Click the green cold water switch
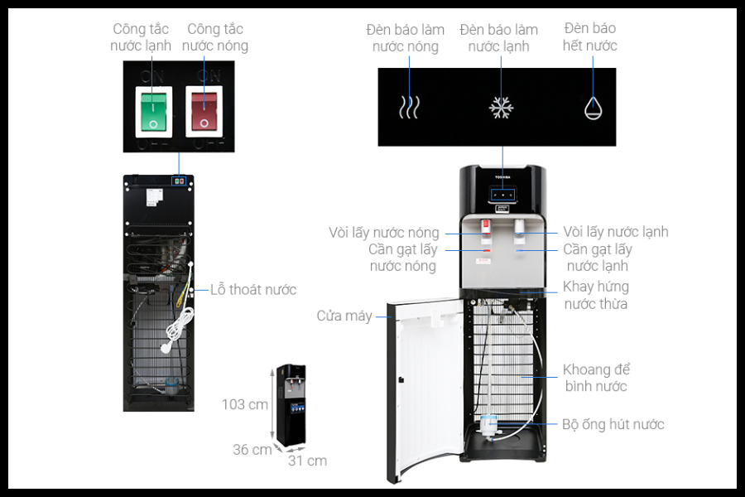coord(155,111)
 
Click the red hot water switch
coord(204,111)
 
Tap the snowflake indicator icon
coord(501,108)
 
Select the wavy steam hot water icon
coord(409,108)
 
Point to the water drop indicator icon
coord(593,107)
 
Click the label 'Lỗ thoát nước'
coord(252,290)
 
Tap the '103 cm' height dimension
coord(245,404)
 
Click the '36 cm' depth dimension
coord(252,450)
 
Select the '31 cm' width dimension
coord(307,461)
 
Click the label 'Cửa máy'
coord(344,316)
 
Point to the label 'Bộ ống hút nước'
coord(613,424)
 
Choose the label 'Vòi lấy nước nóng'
coord(383,233)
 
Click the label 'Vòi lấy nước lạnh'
coord(616,232)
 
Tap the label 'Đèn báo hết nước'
coord(590,37)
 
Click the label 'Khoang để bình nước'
coord(596,378)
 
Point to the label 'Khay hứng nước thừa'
coord(596,295)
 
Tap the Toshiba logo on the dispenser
coord(503,176)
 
